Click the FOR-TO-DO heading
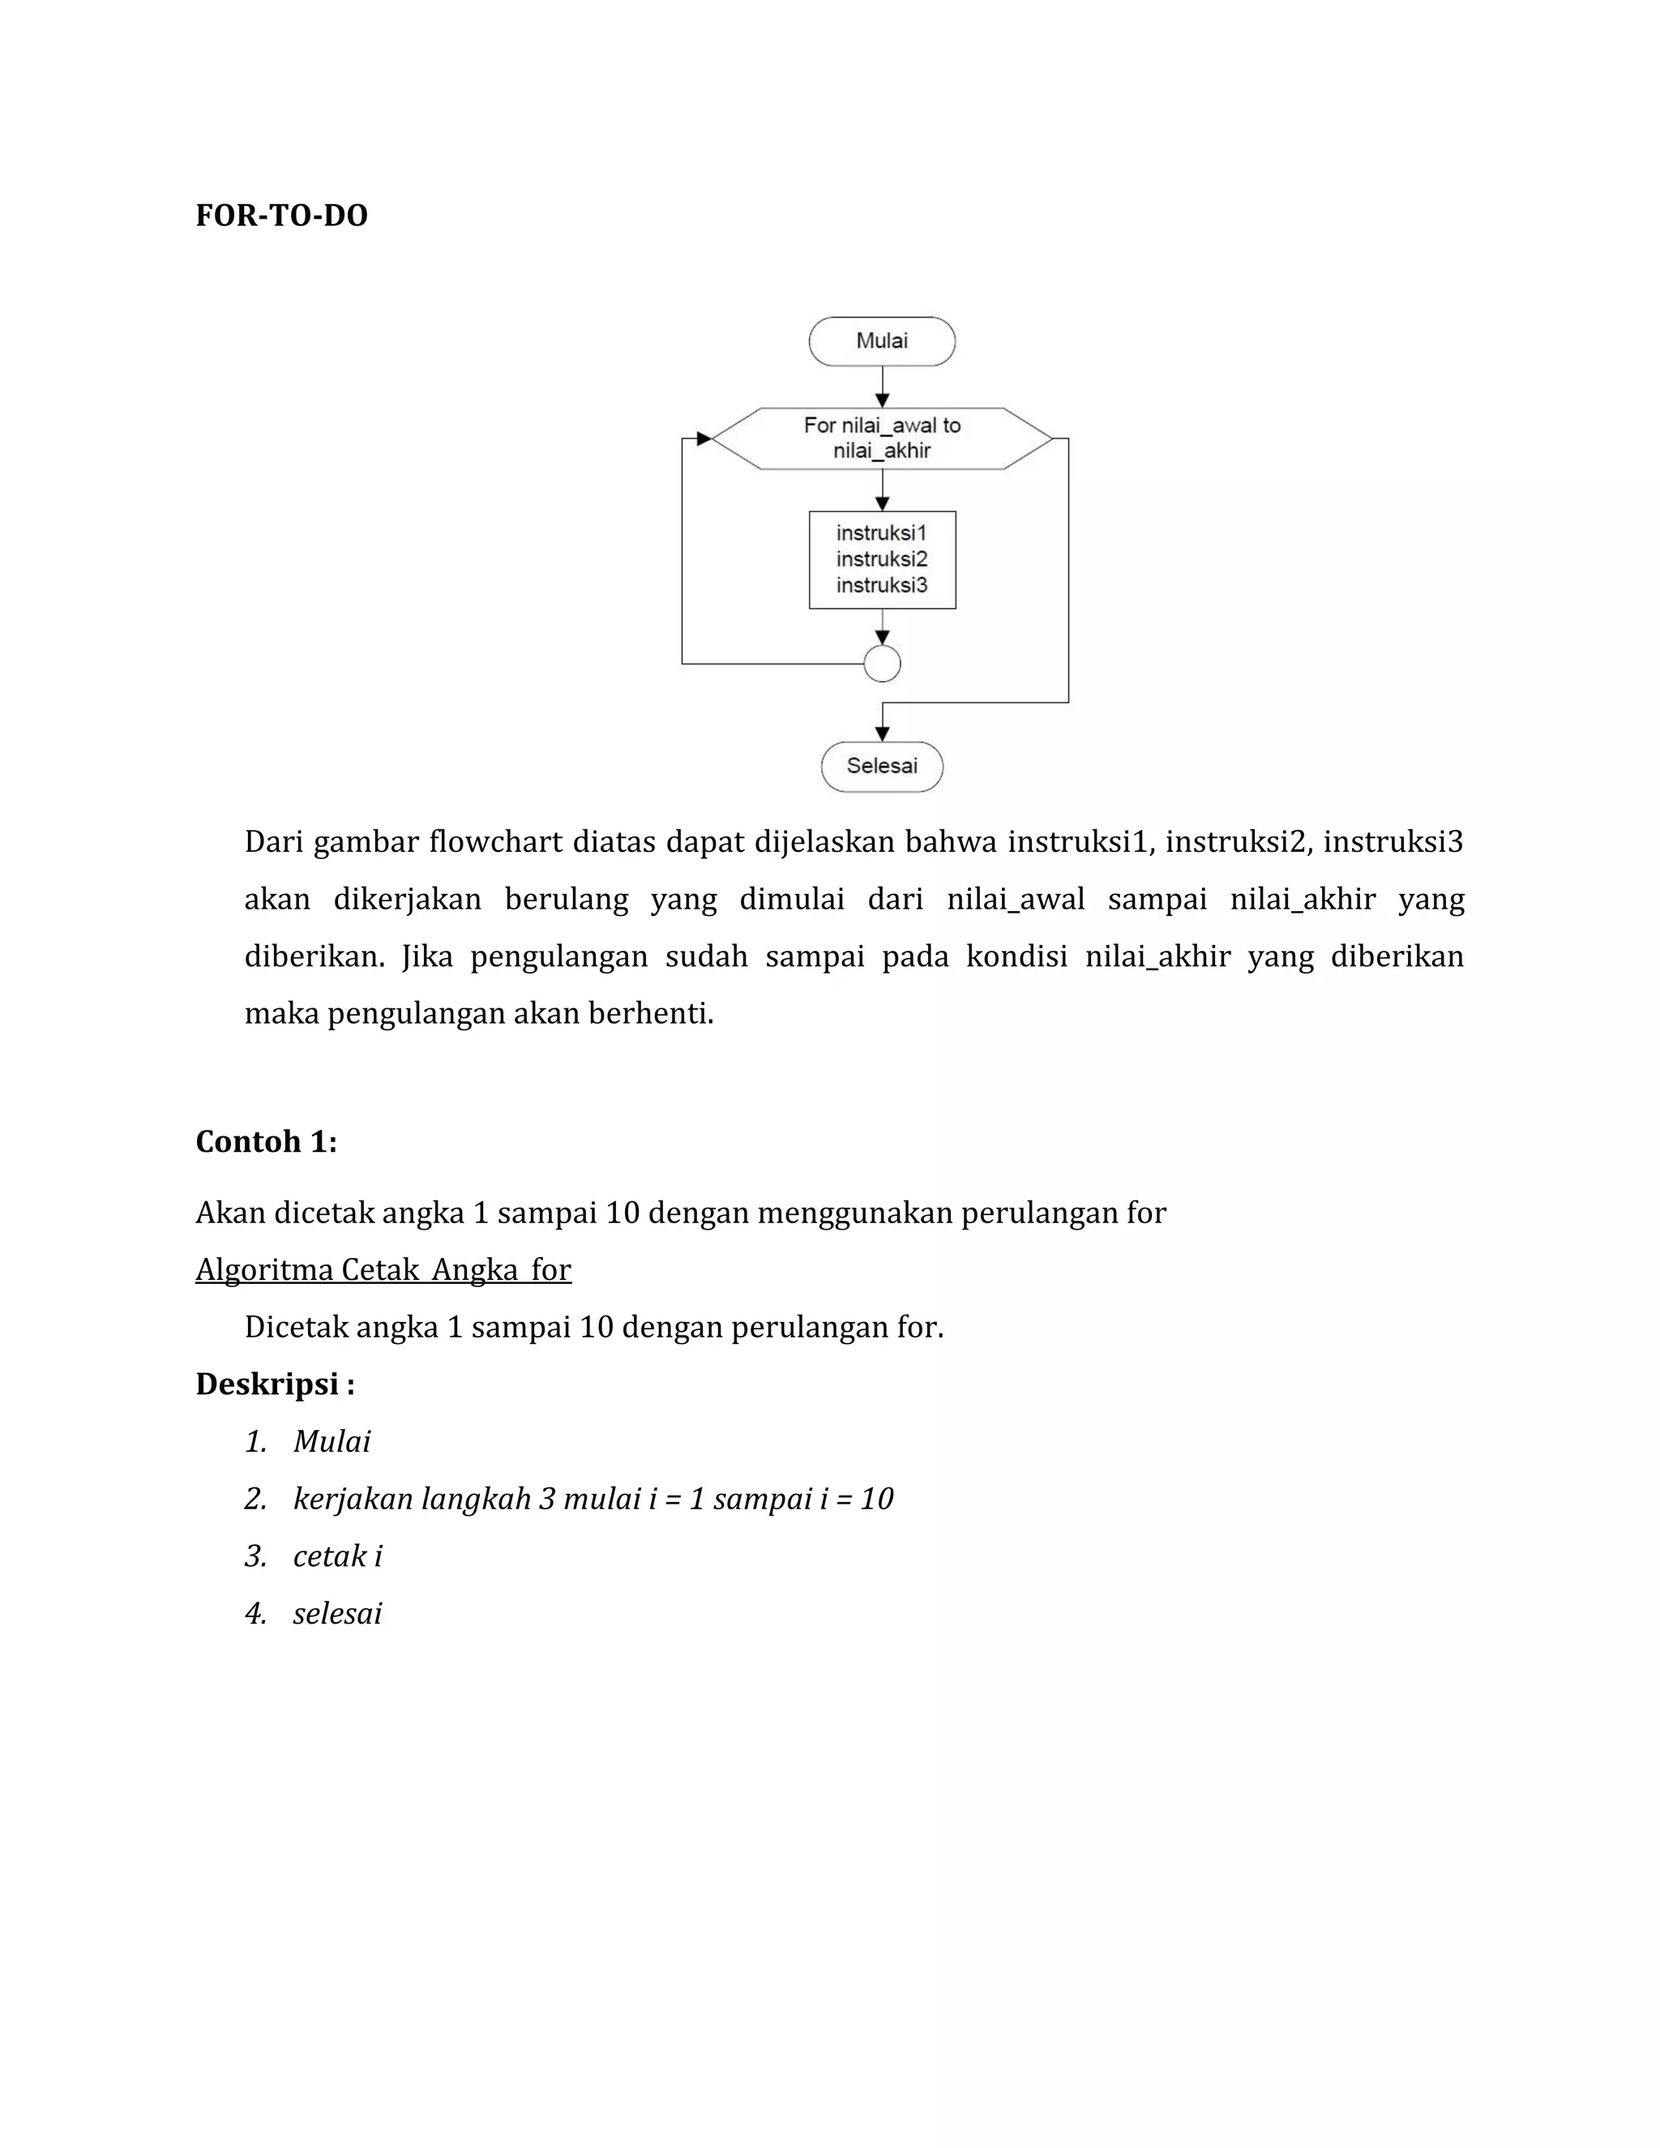click(281, 216)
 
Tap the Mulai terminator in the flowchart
click(881, 341)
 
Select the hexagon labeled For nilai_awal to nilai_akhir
click(881, 439)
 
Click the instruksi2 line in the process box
click(881, 559)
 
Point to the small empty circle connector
click(881, 664)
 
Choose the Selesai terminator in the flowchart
click(881, 766)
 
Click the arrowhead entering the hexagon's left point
click(703, 439)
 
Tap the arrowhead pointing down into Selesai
click(882, 734)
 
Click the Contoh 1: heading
click(267, 1142)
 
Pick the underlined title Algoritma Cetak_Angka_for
click(383, 1269)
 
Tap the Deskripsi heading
click(275, 1384)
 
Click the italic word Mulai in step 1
click(332, 1442)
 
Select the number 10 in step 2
click(876, 1499)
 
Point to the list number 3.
click(255, 1556)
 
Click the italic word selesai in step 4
click(337, 1613)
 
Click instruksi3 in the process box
click(881, 585)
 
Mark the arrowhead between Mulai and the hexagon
click(882, 400)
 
